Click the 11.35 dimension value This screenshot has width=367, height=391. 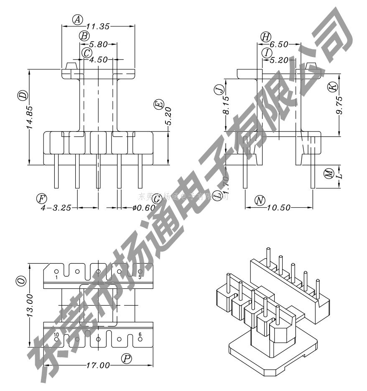point(98,26)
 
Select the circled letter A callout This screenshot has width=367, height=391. point(77,19)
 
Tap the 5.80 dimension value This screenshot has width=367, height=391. point(98,43)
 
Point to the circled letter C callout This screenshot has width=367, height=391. point(87,53)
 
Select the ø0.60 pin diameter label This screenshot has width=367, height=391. point(141,207)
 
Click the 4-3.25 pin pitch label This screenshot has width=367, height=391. point(56,207)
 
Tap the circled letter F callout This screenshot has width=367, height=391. point(41,198)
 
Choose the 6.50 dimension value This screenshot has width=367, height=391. point(278,44)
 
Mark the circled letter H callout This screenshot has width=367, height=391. point(265,36)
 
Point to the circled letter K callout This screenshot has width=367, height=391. point(332,87)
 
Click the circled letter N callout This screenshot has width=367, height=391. point(260,201)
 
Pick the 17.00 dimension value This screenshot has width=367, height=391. point(98,366)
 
